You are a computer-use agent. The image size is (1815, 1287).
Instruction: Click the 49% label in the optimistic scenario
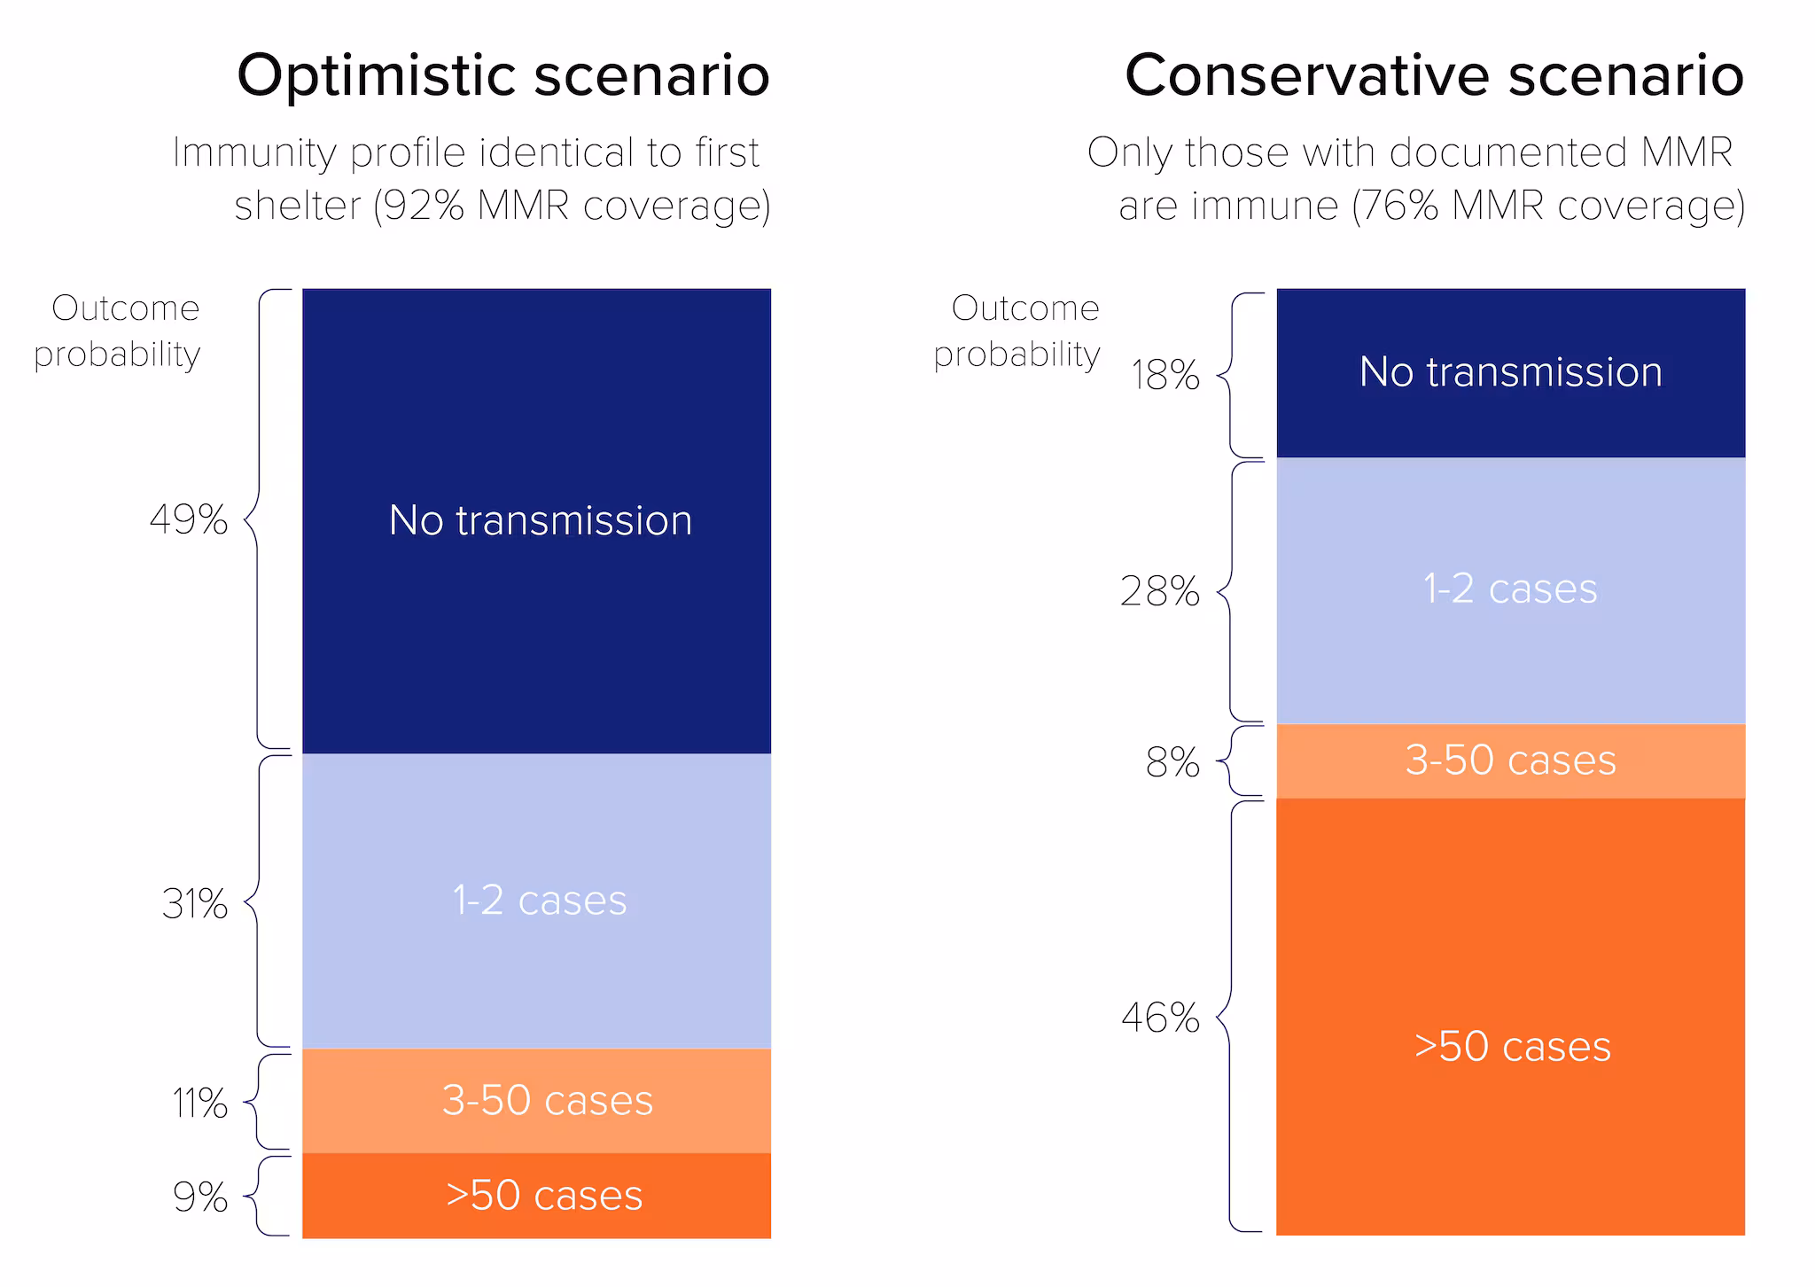tap(188, 520)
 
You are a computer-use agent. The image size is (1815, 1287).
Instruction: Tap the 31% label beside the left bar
tap(194, 905)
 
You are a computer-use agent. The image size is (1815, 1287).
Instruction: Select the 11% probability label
tap(199, 1104)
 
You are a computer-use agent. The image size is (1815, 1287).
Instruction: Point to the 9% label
tap(199, 1197)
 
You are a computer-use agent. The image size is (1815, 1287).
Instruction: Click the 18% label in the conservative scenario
tap(1165, 376)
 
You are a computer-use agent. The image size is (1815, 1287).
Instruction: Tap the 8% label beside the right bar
tap(1172, 763)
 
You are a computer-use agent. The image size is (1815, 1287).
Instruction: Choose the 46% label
tap(1159, 1018)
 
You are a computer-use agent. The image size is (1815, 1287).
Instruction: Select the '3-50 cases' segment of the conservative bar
tap(1510, 760)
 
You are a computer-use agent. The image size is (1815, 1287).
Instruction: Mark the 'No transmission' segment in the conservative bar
tap(1510, 372)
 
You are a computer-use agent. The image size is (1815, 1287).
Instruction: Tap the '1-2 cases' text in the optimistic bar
tap(539, 901)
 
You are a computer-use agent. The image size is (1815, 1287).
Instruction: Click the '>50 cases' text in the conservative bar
tap(1512, 1047)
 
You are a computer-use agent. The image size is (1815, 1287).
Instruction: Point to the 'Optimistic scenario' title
tap(502, 75)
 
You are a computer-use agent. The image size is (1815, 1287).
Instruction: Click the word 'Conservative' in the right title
tap(1308, 75)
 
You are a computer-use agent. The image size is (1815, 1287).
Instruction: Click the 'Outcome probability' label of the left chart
tap(118, 331)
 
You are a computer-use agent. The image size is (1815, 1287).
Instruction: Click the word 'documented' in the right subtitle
tap(1510, 152)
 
